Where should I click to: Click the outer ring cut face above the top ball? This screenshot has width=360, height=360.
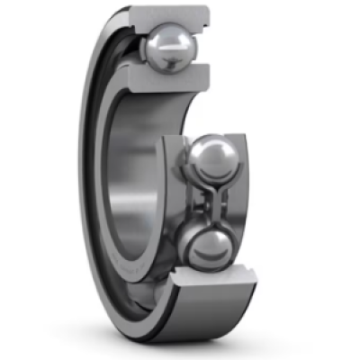click(171, 15)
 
